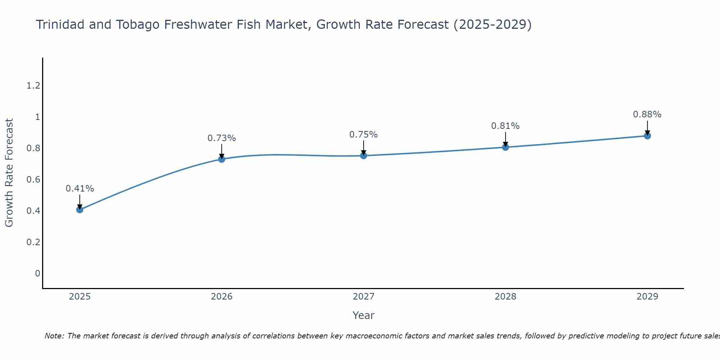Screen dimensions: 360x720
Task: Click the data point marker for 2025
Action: (80, 210)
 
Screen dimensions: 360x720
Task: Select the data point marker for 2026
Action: (221, 159)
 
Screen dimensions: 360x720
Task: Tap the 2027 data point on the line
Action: (363, 156)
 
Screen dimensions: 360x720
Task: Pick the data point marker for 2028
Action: (505, 147)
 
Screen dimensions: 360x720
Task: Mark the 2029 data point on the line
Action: (647, 136)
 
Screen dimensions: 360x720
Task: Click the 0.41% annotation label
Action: (80, 189)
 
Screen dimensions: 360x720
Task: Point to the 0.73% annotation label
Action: (221, 138)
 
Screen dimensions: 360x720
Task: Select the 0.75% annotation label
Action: (363, 135)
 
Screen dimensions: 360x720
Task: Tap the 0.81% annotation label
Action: (505, 126)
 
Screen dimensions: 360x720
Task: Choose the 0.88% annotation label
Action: (647, 114)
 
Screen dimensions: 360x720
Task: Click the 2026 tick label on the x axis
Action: (221, 297)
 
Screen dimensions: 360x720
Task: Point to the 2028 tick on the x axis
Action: (505, 297)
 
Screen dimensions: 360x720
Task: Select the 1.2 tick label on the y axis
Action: (33, 86)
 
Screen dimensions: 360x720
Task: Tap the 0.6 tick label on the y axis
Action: (33, 179)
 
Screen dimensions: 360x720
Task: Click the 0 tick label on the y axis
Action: (37, 273)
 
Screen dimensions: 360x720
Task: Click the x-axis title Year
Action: (363, 315)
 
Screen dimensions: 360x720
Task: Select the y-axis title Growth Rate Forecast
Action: (9, 173)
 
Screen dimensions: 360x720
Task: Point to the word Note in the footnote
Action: (54, 336)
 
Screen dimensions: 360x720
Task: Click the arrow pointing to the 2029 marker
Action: (647, 128)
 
